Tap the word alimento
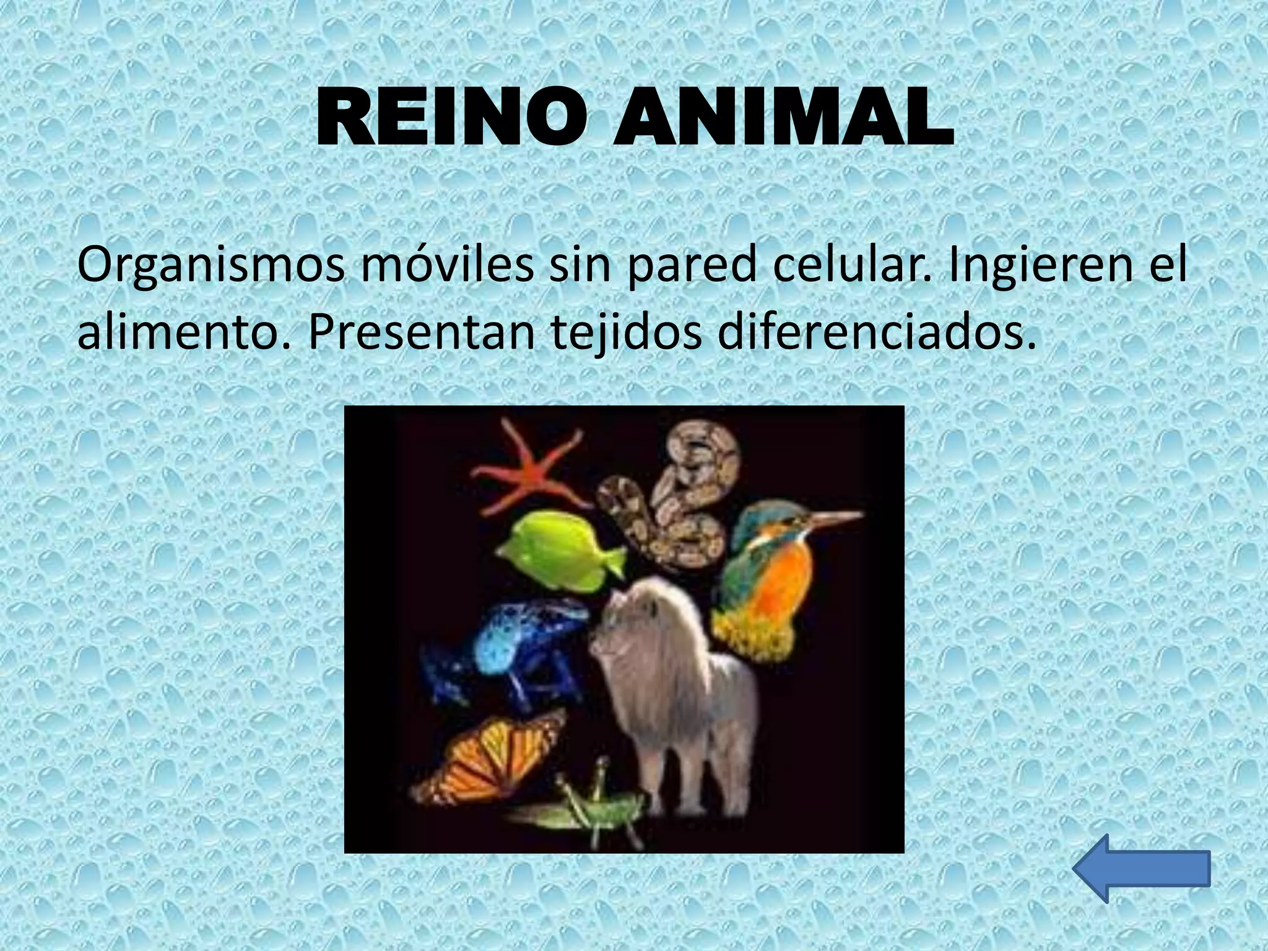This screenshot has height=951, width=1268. click(x=183, y=332)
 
